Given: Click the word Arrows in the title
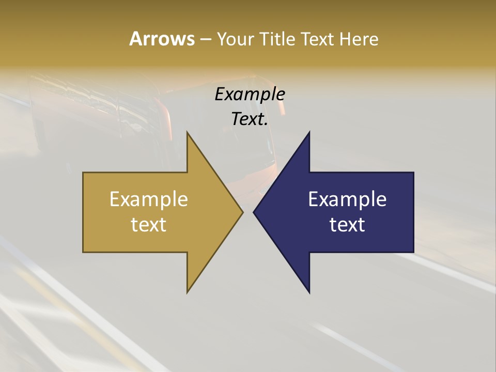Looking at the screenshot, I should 162,39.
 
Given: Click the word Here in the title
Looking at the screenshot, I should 359,39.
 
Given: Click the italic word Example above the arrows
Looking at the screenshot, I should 250,95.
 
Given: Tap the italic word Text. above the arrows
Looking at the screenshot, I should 250,119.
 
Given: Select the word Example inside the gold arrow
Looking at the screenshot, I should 149,199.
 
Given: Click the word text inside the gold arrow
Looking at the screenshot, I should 149,224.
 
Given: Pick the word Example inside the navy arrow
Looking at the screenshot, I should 347,199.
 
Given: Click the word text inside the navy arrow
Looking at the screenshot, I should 347,224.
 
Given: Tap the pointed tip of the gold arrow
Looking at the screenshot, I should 241,212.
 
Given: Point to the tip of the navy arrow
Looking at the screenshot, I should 255,212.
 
